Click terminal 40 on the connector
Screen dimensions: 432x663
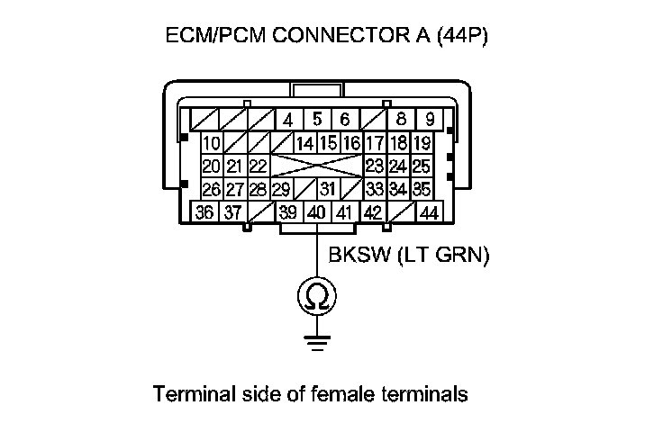pyautogui.click(x=316, y=213)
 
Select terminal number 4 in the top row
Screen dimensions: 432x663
pyautogui.click(x=288, y=120)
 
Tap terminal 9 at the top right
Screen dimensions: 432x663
pyautogui.click(x=430, y=120)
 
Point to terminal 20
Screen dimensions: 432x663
pyautogui.click(x=212, y=166)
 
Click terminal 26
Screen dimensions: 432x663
pyautogui.click(x=212, y=190)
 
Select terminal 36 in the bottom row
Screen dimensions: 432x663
pyautogui.click(x=204, y=213)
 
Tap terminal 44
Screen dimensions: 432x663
pyautogui.click(x=429, y=213)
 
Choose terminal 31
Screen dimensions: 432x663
pyautogui.click(x=328, y=190)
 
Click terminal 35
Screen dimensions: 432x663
pyautogui.click(x=422, y=190)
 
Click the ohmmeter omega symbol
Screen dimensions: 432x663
pyautogui.click(x=317, y=296)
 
